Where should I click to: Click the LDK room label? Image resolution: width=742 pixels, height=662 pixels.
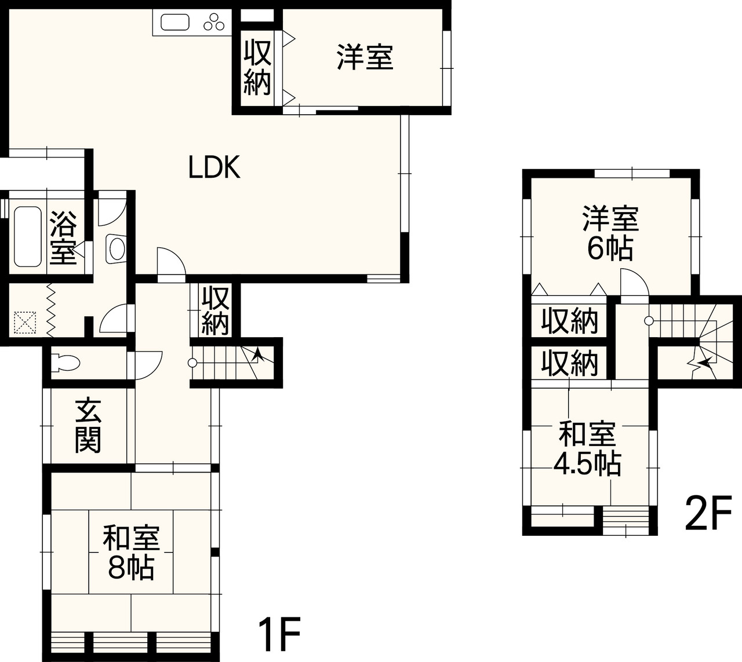pos(214,167)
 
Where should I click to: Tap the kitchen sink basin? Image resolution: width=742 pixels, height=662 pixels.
pos(174,23)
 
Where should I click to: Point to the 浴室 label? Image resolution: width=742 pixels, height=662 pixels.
pos(64,237)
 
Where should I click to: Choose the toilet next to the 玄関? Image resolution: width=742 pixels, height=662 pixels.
pos(64,363)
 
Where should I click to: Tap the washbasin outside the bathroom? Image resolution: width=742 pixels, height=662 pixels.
pos(117,250)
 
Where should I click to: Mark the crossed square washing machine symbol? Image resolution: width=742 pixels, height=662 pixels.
pos(24,322)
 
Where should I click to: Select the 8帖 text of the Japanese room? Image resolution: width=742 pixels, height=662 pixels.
pos(131,569)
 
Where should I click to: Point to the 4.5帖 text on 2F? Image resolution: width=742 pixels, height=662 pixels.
pos(587,463)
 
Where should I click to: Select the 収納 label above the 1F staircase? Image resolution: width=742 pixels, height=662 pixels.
pos(215,311)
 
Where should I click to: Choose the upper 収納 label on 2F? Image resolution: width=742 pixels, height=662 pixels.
pos(569,321)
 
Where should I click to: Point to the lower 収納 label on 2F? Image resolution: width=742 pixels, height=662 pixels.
pos(569,363)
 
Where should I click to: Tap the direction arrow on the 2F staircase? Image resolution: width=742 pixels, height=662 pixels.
pos(704,364)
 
